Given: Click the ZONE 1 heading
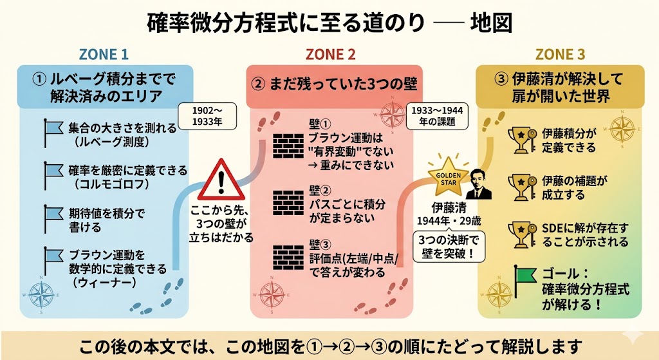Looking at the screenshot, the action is coord(104,54).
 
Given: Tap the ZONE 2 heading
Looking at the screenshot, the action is coord(330,54).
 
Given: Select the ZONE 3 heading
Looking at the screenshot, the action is coord(560,54).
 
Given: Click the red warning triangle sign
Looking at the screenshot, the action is coord(221,180).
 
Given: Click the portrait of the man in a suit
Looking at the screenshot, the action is coord(478,184).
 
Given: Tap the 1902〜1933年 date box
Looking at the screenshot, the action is coord(207,116).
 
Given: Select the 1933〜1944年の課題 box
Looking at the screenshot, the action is coord(437,116).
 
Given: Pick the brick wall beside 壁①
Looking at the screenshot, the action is coord(288,146).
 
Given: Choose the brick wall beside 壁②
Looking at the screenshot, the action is coord(288,203).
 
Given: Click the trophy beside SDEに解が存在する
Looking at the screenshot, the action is coord(522,234).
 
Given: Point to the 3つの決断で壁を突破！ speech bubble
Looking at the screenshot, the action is coord(449,247).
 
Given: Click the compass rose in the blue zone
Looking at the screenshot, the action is coord(41,294).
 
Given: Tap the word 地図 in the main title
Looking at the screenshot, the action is coord(491,23).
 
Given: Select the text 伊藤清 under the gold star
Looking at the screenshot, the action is coord(449,208).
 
